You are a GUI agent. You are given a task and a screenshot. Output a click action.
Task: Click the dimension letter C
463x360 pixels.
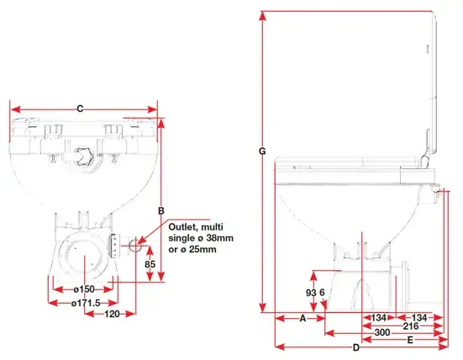pos(80,109)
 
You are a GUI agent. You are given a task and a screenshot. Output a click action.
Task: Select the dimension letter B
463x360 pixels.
pos(161,211)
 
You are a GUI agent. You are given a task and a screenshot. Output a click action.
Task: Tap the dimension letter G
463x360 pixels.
pos(262,151)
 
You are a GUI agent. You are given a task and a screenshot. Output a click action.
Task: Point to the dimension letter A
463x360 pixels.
pos(303,318)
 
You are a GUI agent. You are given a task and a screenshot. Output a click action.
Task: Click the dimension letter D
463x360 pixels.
pos(356,347)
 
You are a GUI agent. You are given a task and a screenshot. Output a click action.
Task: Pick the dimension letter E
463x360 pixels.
pos(410,340)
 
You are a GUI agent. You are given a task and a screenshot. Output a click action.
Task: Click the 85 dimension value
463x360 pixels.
pos(150,263)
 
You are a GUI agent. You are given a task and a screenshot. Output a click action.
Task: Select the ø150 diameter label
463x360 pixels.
pos(84,289)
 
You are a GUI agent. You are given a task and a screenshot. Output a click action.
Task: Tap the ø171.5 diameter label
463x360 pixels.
pos(86,303)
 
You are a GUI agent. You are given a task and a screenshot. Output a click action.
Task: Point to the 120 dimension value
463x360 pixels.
pos(112,314)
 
